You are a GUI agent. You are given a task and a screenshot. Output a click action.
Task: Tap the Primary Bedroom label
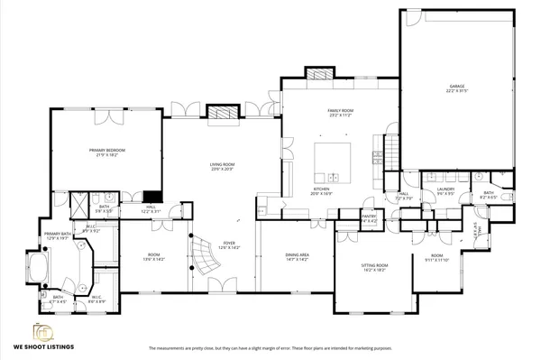(x=106, y=152)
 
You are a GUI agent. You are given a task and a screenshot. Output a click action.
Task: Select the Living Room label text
(x=222, y=166)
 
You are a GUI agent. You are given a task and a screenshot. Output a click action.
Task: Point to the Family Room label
(x=340, y=113)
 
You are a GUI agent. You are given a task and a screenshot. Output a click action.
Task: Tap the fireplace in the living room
(x=222, y=113)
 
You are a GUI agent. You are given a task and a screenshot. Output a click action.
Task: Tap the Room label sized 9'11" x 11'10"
(x=438, y=257)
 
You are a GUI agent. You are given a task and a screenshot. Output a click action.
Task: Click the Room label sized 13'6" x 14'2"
(x=153, y=257)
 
